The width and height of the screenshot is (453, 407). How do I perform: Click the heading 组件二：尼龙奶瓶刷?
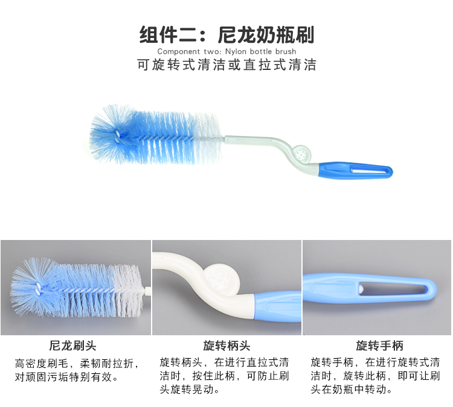[x=226, y=35]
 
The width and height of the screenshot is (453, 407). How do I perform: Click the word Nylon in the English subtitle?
[x=236, y=52]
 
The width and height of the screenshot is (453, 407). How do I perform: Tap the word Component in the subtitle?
[x=179, y=52]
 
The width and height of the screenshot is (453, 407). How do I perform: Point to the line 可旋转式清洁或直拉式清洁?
[x=226, y=65]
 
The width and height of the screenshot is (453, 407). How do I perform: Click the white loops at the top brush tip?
[x=117, y=136]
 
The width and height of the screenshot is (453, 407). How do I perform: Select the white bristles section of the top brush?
[x=207, y=139]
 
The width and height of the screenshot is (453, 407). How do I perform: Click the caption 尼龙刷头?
[x=73, y=345]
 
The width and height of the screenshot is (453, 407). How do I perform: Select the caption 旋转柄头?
[x=226, y=345]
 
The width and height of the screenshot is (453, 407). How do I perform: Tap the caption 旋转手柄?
[x=379, y=345]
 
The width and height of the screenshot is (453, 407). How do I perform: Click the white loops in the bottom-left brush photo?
[x=37, y=289]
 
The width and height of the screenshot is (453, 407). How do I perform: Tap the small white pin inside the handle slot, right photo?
[x=361, y=289]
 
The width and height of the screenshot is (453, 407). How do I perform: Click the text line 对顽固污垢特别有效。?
[x=66, y=377]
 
